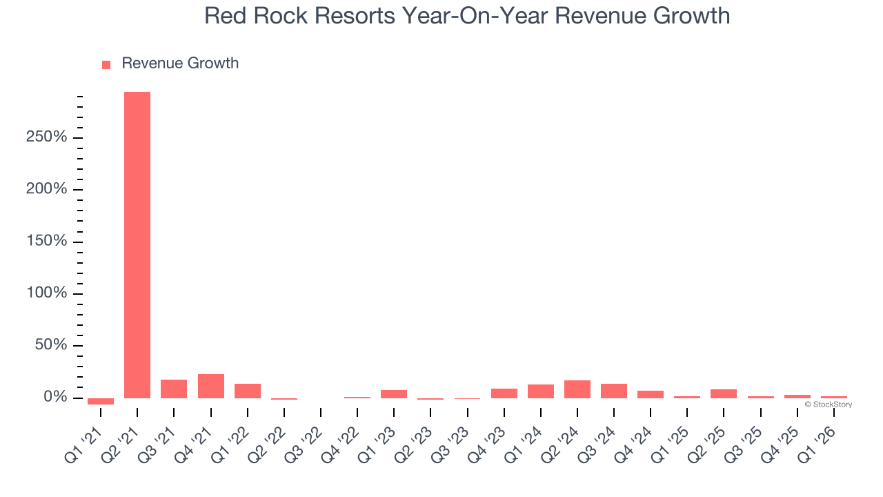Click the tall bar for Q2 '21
[x=137, y=244]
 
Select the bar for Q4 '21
[x=210, y=386]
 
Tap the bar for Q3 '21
[x=174, y=389]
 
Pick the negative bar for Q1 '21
[x=101, y=401]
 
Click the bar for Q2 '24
[x=577, y=389]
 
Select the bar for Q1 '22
[x=247, y=391]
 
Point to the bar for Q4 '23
[x=504, y=393]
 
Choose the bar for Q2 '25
[x=724, y=393]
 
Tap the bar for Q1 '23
[x=394, y=394]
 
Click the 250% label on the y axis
[x=47, y=137]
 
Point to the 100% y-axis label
[x=47, y=293]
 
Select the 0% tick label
[x=54, y=398]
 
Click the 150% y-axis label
[x=47, y=242]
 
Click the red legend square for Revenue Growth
[x=106, y=65]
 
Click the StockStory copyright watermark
[x=828, y=405]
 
